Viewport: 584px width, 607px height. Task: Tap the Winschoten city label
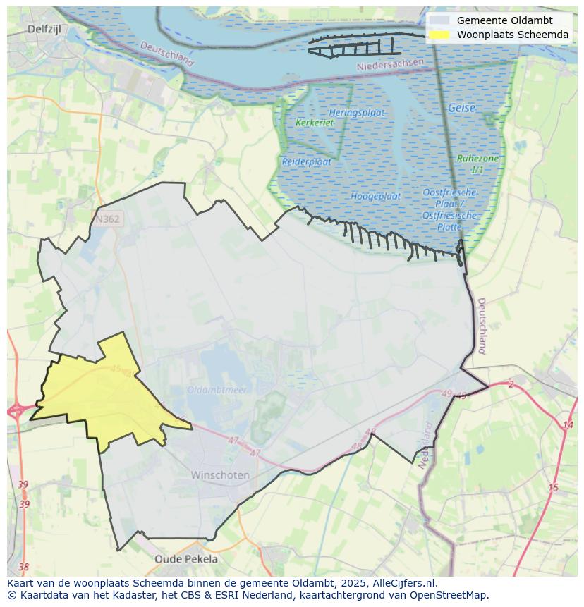point(220,475)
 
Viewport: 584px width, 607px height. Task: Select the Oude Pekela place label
point(186,559)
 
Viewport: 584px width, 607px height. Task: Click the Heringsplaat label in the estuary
point(357,113)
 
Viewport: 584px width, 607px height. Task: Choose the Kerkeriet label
point(315,123)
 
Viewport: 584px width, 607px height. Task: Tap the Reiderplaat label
point(307,161)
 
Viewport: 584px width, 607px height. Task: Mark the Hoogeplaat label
point(375,196)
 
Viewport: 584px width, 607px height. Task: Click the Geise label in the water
point(461,109)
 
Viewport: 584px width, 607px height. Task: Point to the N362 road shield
point(107,219)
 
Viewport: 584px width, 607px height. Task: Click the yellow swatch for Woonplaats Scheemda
point(441,35)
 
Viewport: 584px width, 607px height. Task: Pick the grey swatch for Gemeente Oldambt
point(441,20)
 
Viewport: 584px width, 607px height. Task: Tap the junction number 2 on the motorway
point(511,384)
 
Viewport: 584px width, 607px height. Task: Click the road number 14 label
point(568,424)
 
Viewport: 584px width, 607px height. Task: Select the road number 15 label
point(553,487)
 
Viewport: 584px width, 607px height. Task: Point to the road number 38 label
point(24,567)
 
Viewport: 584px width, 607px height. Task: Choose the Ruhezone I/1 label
point(477,164)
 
